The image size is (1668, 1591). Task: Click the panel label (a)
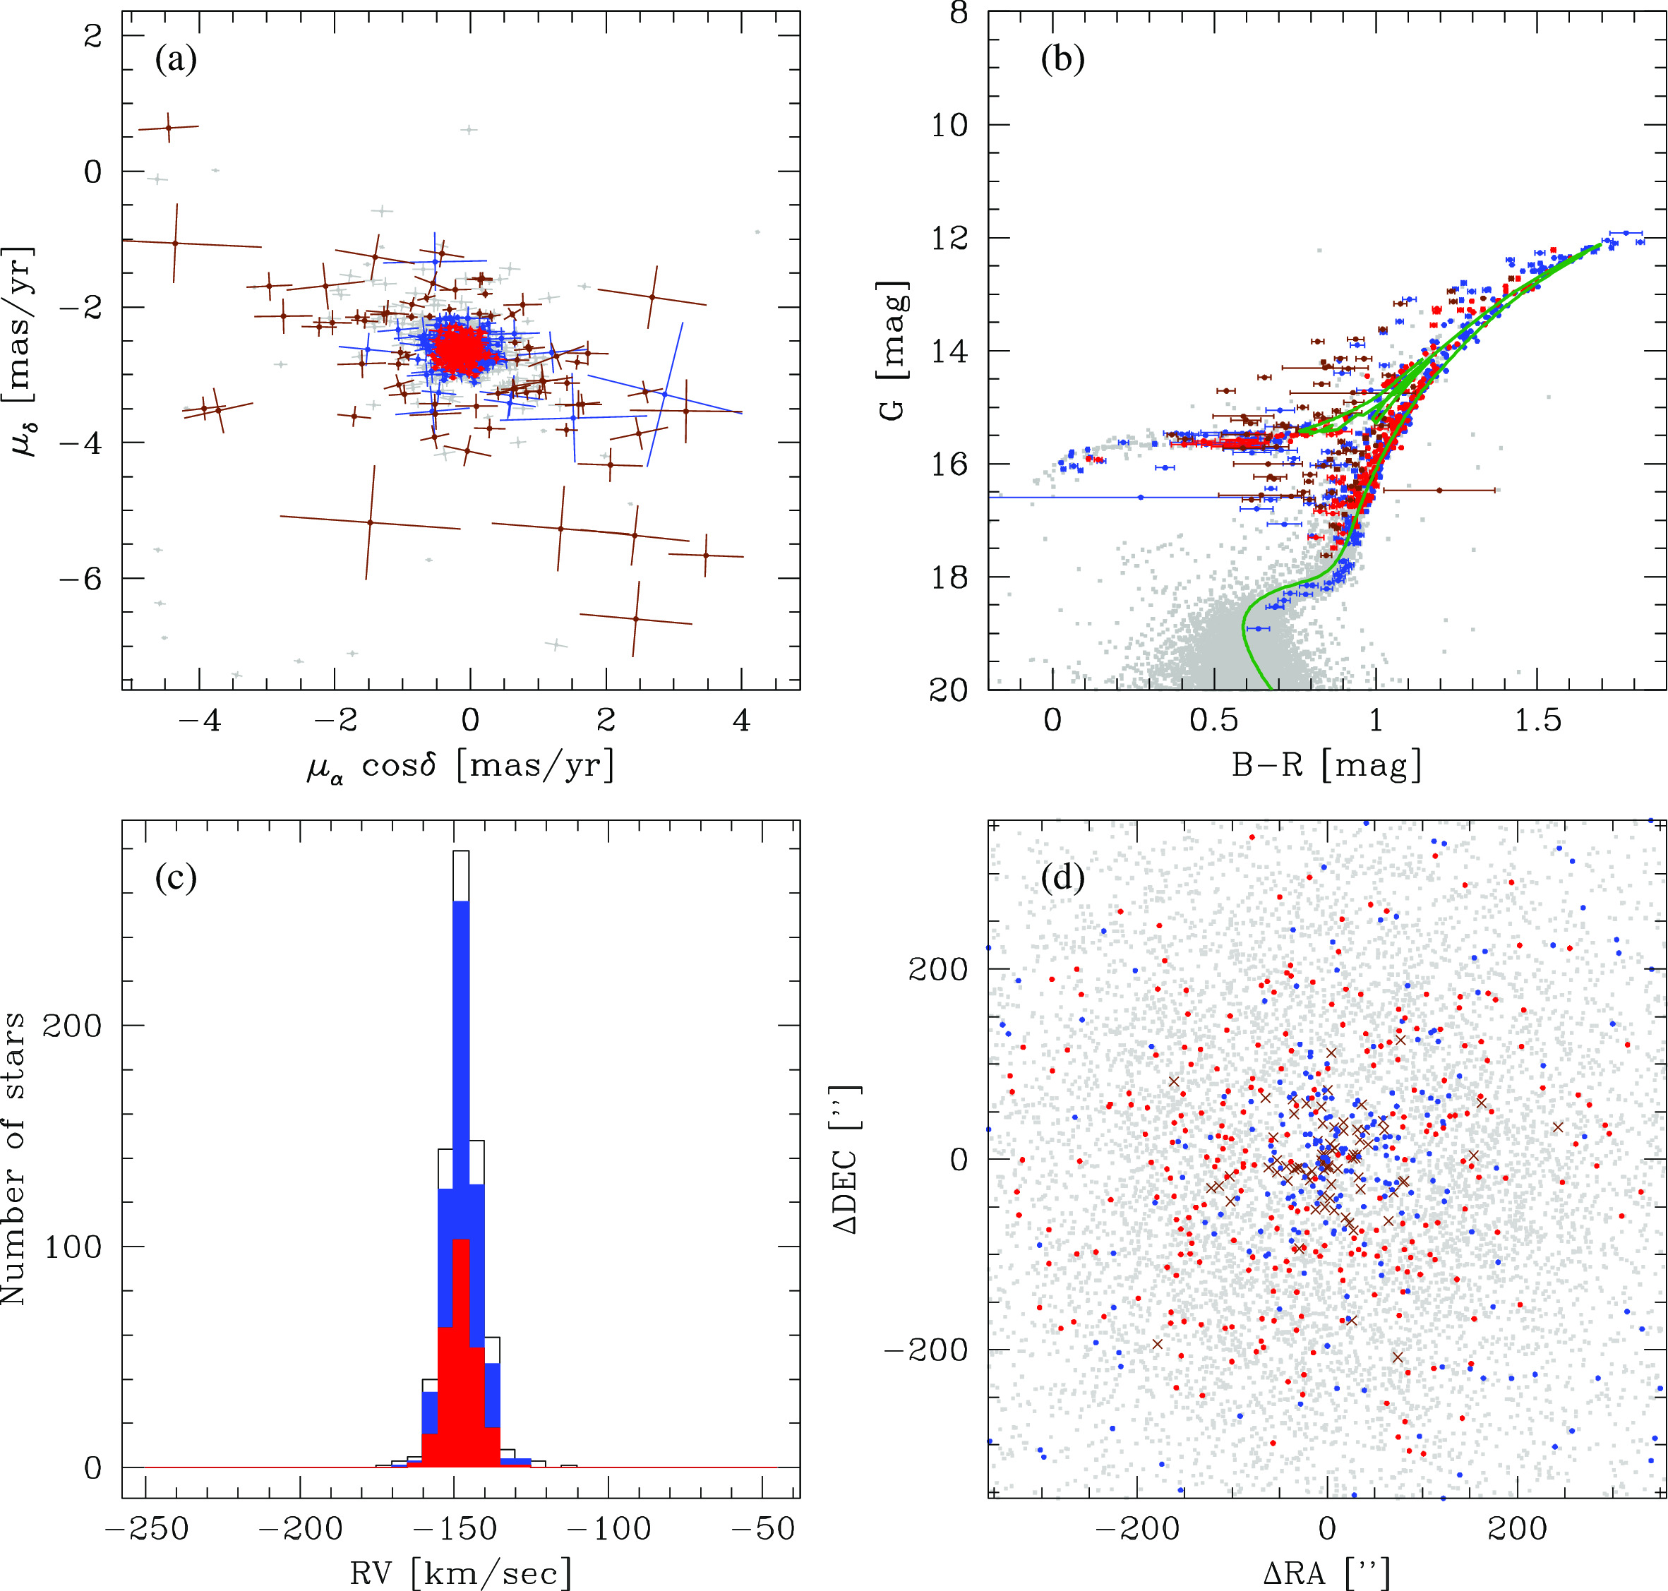[176, 59]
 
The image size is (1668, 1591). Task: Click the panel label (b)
[1062, 59]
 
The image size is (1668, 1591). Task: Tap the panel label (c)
[176, 878]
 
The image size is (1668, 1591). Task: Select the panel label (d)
[1062, 878]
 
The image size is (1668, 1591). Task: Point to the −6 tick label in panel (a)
[80, 578]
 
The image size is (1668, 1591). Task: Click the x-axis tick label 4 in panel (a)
[741, 720]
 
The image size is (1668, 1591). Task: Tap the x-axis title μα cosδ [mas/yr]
[460, 767]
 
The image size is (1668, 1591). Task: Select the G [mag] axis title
[892, 351]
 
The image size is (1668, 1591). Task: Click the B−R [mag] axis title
[1326, 767]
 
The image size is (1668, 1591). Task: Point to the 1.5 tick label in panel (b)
[1537, 720]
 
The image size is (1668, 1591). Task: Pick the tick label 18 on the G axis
[948, 577]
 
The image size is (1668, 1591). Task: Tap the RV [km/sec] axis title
[460, 1574]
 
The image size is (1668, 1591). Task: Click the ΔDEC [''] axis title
[847, 1159]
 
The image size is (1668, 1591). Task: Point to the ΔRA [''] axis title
[1326, 1574]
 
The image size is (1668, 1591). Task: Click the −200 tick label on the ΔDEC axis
[925, 1350]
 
